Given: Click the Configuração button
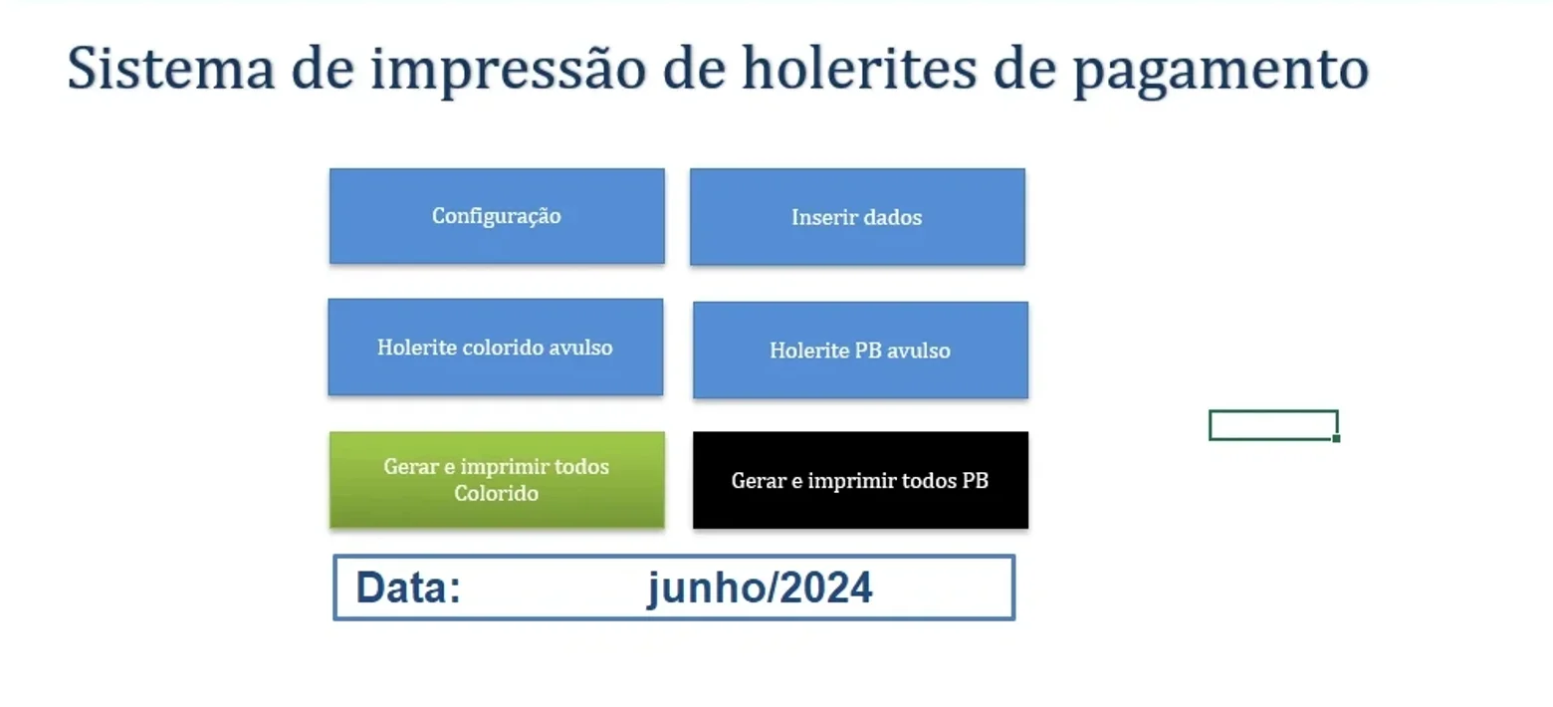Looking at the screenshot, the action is click(x=497, y=216).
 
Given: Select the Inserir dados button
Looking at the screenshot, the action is click(x=857, y=216).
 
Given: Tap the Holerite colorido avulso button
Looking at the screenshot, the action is click(x=496, y=347).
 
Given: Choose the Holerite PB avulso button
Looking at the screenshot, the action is click(x=860, y=350).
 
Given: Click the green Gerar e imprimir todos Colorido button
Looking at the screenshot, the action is click(x=497, y=479).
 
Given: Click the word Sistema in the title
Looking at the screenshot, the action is click(x=170, y=68).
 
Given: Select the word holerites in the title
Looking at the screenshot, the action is click(x=859, y=68).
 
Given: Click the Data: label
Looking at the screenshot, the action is click(x=408, y=588).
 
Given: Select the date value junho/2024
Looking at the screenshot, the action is click(x=760, y=589).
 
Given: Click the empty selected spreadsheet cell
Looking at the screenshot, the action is click(x=1273, y=424).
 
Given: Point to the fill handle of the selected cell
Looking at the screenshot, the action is click(x=1336, y=438).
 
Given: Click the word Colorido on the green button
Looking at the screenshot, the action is click(x=497, y=493).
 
